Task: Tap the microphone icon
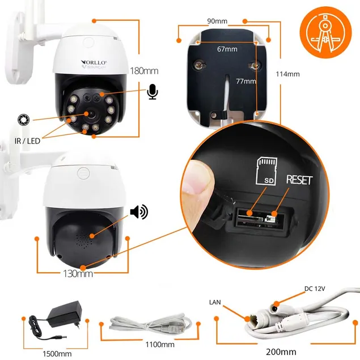[x=152, y=92]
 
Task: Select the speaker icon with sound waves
[x=138, y=212]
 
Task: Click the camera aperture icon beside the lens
[x=23, y=119]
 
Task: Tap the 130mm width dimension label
[x=78, y=274]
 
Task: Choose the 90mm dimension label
[x=218, y=22]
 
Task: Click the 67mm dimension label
[x=227, y=50]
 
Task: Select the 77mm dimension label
[x=245, y=82]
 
